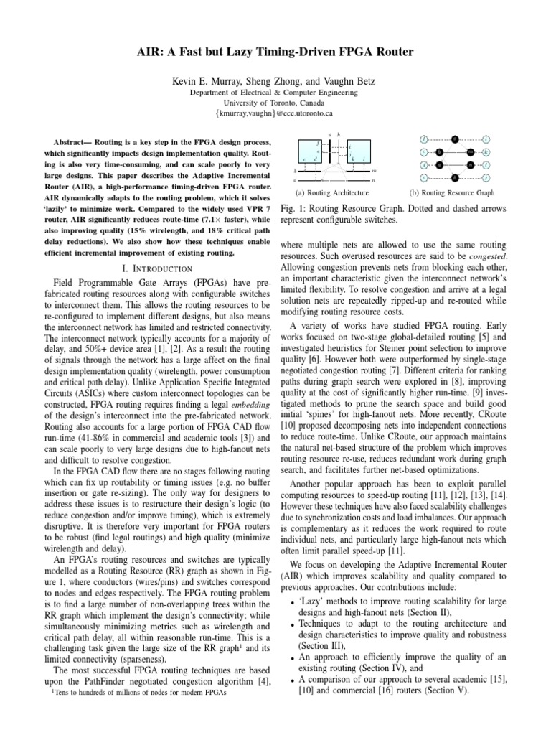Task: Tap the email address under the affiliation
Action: pyautogui.click(x=275, y=113)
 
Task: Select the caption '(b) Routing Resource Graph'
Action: pyautogui.click(x=451, y=193)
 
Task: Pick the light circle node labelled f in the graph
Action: pyautogui.click(x=425, y=139)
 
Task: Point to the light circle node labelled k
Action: pyautogui.click(x=486, y=152)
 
